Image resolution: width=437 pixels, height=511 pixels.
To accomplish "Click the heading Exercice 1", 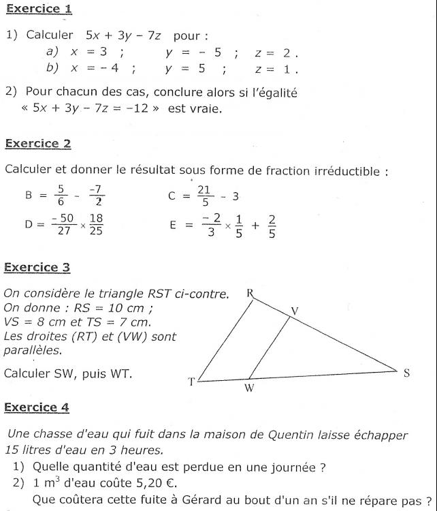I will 38,10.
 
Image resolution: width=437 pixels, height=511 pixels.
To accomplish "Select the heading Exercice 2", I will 38,144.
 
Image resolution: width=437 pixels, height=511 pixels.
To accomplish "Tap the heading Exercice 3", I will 38,268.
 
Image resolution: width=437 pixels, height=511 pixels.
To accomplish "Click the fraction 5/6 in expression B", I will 61,195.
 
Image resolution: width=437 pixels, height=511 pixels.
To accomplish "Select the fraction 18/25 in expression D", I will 97,224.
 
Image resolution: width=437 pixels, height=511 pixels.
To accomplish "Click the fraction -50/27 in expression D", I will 66,224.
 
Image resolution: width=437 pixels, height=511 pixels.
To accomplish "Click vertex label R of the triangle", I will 250,293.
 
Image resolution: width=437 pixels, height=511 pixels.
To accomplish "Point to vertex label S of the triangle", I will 407,373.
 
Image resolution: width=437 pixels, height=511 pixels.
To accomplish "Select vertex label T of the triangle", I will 191,382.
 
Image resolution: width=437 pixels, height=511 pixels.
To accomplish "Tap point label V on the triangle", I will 295,311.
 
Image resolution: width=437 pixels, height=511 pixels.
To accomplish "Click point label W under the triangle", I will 249,388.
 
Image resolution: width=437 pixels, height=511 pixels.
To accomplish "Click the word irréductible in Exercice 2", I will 345,170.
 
